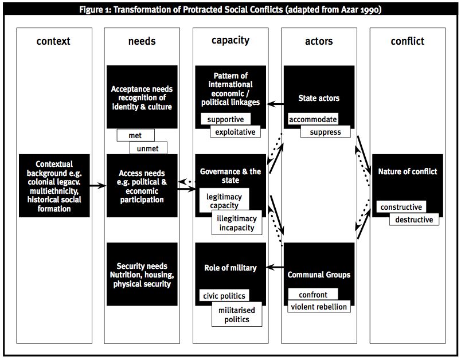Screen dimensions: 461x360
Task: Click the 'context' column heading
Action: coord(53,41)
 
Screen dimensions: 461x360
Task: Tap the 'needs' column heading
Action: coord(142,41)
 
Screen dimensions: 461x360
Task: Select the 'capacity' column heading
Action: coord(230,41)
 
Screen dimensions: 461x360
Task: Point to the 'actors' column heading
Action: coord(319,41)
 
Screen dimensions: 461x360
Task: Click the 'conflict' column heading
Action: coord(408,41)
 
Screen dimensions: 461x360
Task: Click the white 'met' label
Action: coord(135,135)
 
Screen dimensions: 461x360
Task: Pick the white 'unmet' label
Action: coord(148,148)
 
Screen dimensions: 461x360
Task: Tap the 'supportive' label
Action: coord(225,119)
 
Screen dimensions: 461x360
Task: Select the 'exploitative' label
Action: coord(235,132)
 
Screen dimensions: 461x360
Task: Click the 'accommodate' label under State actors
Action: coord(313,119)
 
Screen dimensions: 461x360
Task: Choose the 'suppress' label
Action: coord(326,132)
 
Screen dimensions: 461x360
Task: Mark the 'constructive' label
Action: coord(401,207)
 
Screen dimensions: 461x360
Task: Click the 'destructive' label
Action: coord(414,220)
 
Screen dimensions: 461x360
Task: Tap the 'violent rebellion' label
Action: coord(319,307)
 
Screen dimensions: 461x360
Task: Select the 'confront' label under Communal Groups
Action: coord(313,294)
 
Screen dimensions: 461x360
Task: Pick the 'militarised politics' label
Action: coord(237,315)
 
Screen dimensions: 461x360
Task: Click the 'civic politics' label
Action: coord(224,295)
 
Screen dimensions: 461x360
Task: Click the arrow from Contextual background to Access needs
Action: coord(98,185)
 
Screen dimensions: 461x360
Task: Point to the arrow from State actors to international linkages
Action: coord(275,104)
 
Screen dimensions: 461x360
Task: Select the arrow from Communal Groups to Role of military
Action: coord(275,267)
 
